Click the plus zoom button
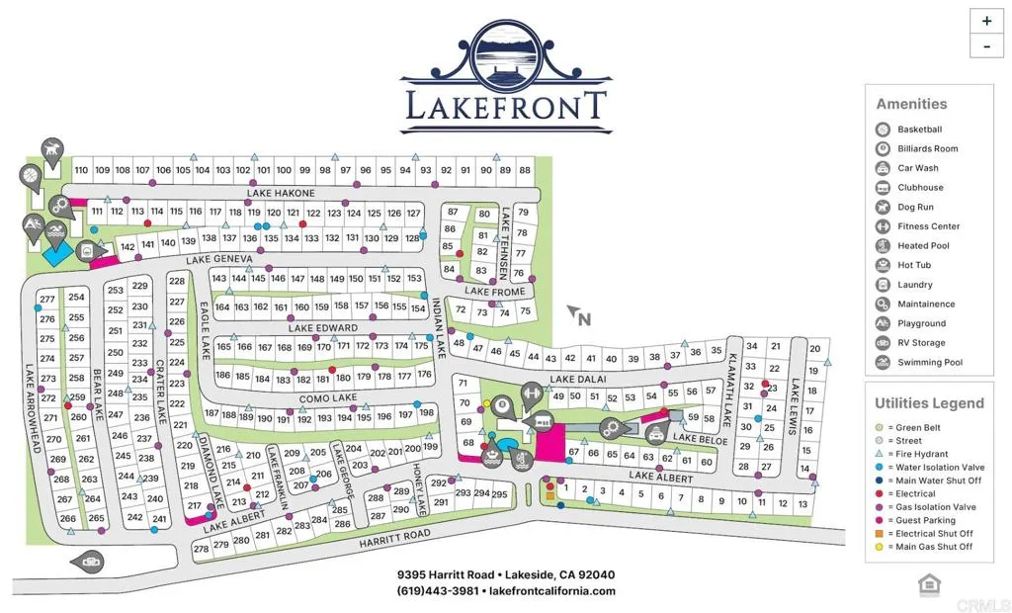pos(986,21)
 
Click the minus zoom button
pos(986,45)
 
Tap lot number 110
pos(82,170)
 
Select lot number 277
pos(47,300)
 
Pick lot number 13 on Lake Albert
pos(803,504)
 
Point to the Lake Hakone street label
pos(282,193)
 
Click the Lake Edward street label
pos(323,328)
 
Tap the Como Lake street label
pos(328,397)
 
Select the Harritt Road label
pos(394,535)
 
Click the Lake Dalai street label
pos(576,379)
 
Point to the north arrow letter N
pos(584,318)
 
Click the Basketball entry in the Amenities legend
pos(919,130)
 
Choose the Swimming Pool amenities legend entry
pos(929,363)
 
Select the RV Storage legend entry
pos(921,343)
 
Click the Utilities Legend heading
pos(929,403)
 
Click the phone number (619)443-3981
pos(438,591)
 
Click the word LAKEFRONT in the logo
pos(505,104)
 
